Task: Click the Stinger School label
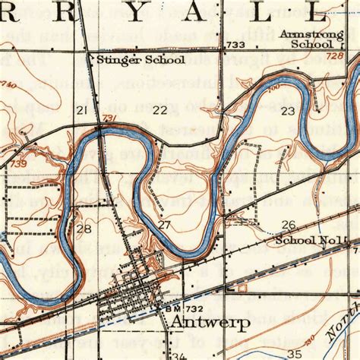(x=126, y=59)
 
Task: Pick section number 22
(x=159, y=111)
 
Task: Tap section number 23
(x=288, y=111)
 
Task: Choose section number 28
(x=84, y=229)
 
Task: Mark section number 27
(x=164, y=226)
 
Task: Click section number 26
(x=288, y=225)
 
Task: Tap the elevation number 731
(x=109, y=118)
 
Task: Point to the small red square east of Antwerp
(x=242, y=289)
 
